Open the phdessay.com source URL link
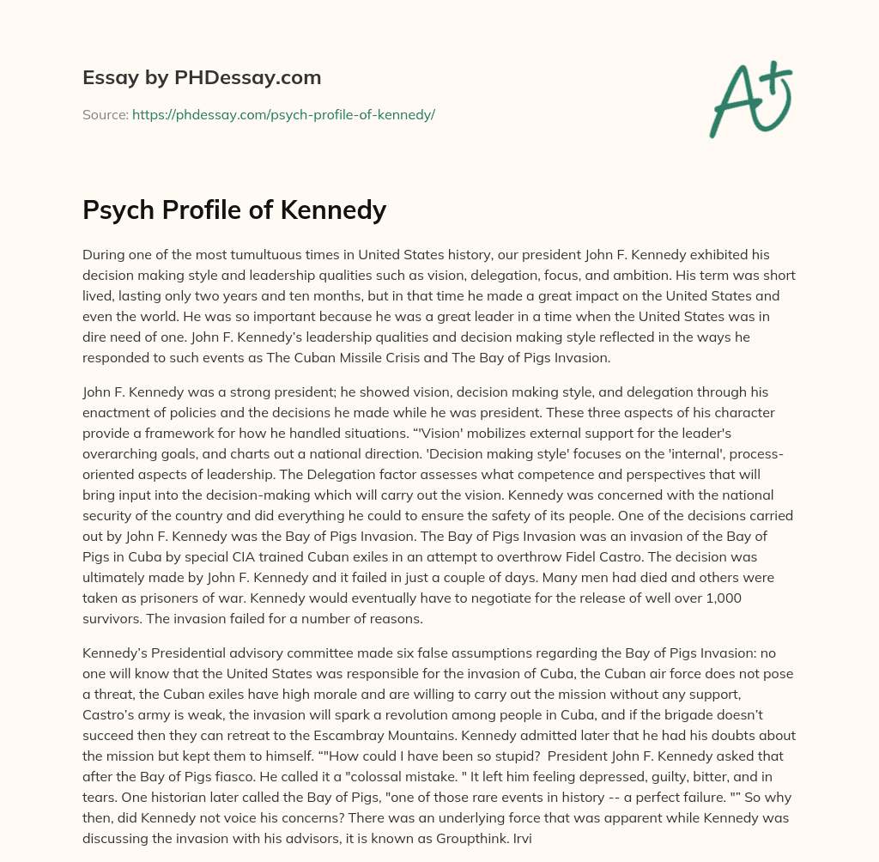pos(283,114)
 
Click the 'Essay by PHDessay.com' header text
pos(202,78)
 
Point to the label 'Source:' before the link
pos(105,114)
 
